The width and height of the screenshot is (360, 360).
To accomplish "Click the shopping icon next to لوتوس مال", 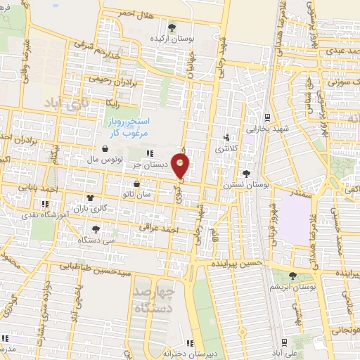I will click(105, 149).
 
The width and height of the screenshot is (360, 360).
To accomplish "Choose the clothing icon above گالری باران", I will click(90, 198).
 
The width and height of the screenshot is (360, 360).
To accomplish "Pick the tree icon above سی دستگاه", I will click(96, 229).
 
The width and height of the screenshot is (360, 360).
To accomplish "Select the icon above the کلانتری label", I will click(226, 138).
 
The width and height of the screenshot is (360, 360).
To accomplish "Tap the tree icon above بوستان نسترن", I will click(245, 173).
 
